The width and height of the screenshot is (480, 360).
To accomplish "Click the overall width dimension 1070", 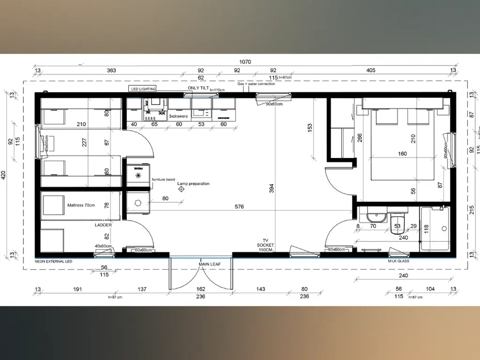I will tap(245, 61).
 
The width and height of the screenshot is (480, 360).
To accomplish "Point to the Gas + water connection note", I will tap(256, 84).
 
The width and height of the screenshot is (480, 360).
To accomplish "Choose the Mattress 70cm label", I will tap(81, 205).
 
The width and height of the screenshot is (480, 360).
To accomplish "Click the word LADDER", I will tap(103, 225).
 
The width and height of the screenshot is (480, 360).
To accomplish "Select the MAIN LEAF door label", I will tap(209, 264).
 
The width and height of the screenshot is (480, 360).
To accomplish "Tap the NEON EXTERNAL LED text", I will tap(53, 261).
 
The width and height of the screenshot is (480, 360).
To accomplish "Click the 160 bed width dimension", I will tap(402, 154).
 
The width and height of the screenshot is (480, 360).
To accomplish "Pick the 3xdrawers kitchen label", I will tap(179, 115).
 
